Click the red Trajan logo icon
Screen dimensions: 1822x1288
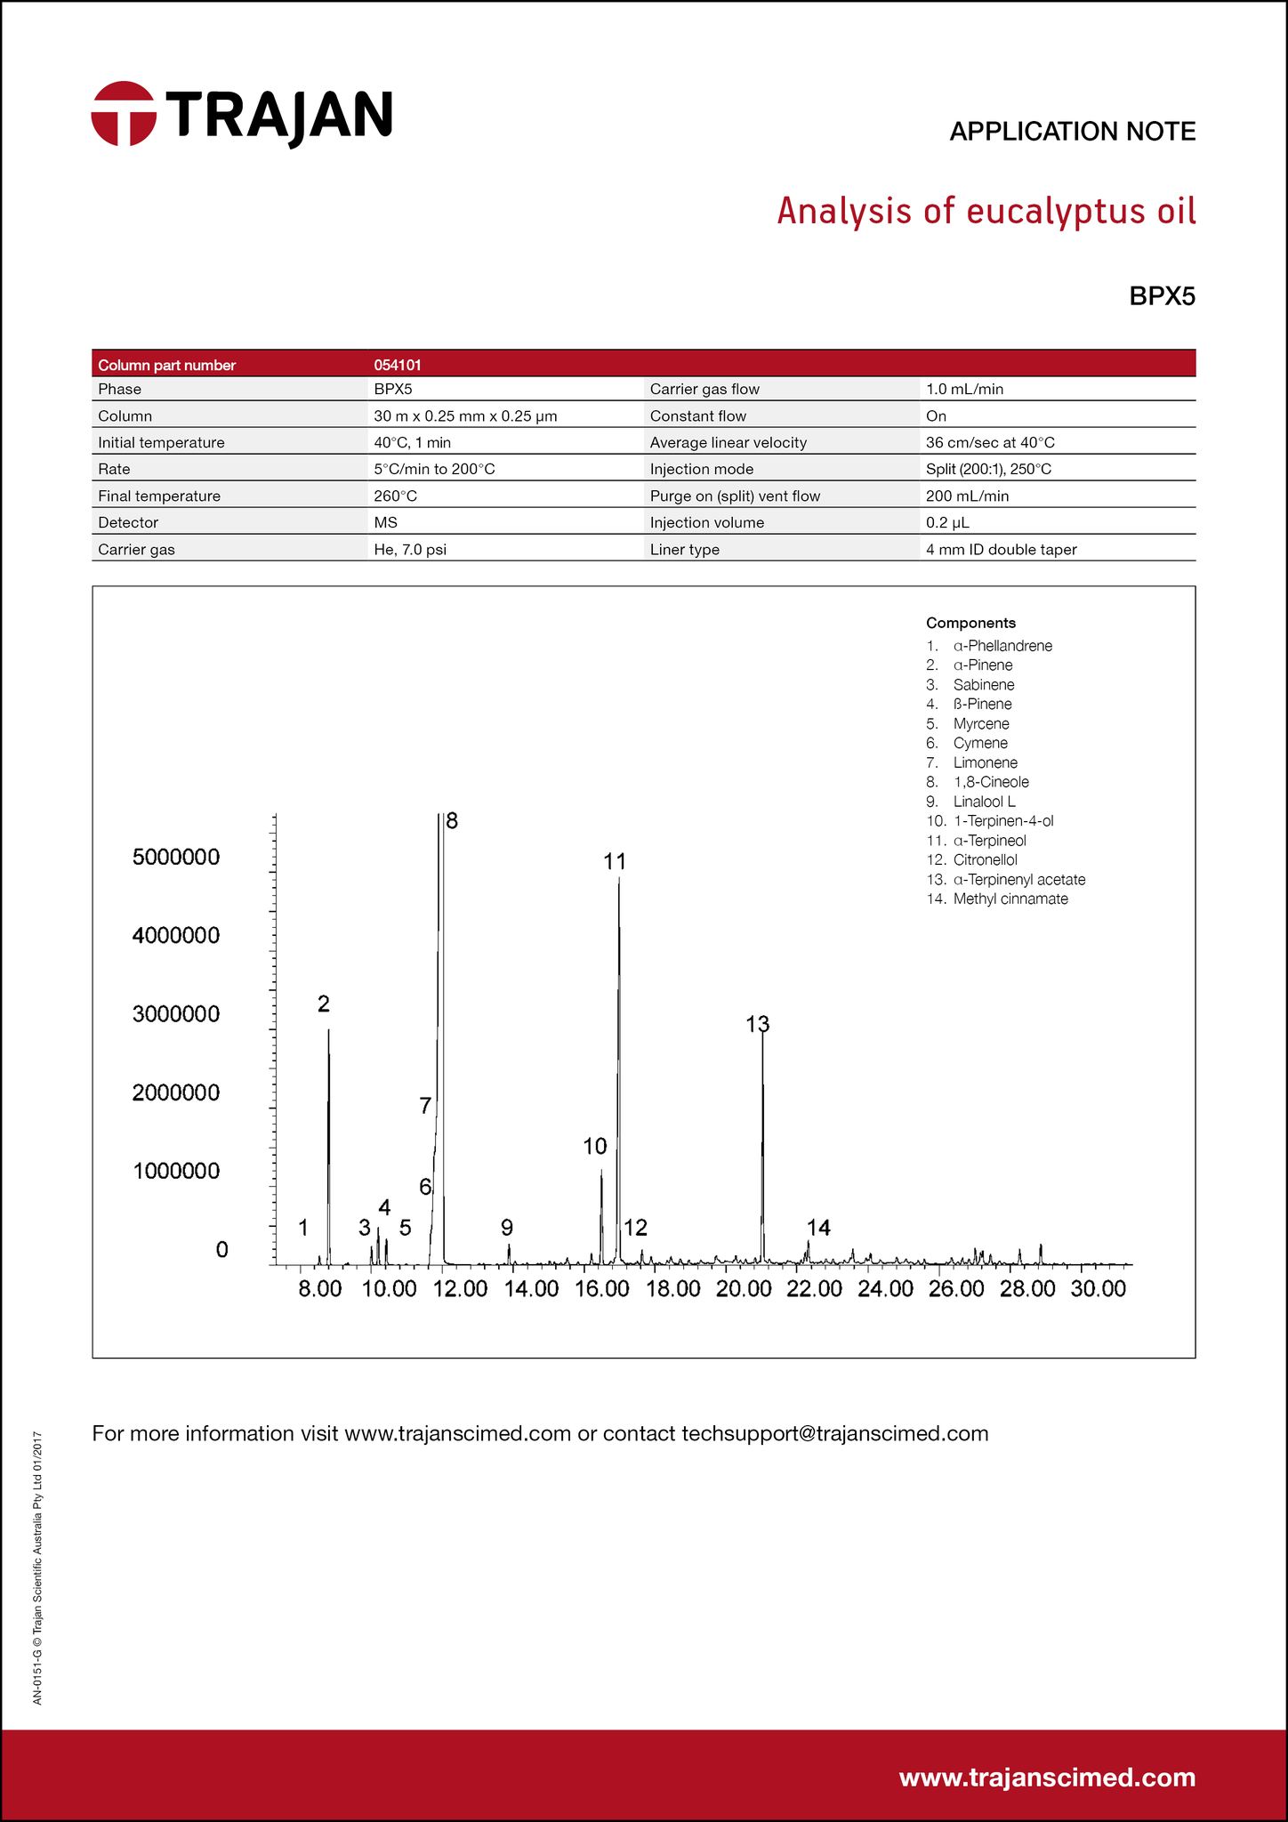(x=124, y=113)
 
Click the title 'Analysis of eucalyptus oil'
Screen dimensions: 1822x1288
(x=986, y=212)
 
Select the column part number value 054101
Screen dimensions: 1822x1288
(x=398, y=365)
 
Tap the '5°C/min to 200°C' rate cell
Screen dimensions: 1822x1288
(x=434, y=469)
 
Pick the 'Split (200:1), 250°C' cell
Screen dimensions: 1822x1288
(x=988, y=469)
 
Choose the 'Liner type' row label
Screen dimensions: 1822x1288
(x=684, y=550)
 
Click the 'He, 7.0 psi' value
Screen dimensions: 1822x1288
(x=410, y=550)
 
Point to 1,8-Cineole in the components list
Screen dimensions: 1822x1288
(x=990, y=782)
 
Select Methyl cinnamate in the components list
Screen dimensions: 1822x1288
(x=1010, y=899)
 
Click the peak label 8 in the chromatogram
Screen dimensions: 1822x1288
(x=452, y=821)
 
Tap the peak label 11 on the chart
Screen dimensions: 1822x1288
(x=615, y=861)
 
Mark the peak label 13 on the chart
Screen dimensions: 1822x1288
(x=757, y=1024)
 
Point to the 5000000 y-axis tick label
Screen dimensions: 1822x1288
(x=176, y=858)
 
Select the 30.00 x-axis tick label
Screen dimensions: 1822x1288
(x=1099, y=1289)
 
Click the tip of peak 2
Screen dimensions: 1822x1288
(x=328, y=1030)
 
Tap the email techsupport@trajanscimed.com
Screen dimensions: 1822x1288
(x=834, y=1433)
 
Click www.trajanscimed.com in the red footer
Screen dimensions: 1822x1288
(x=1047, y=1778)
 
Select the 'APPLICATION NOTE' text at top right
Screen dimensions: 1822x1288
(x=1072, y=132)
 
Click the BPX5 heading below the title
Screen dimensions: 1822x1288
(x=1162, y=296)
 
